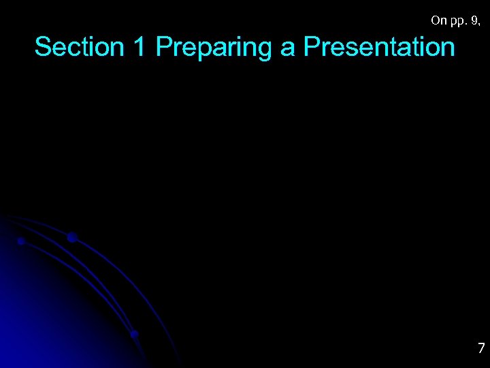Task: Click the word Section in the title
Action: pos(76,47)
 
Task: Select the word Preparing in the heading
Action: pos(214,48)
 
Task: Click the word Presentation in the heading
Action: pos(379,47)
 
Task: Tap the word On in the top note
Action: pos(439,20)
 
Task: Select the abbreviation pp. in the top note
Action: pos(458,22)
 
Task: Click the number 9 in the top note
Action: pos(475,20)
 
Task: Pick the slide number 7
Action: pos(480,348)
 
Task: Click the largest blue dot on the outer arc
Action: pos(71,237)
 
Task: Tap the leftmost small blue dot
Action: pos(21,241)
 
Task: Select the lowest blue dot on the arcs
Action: pos(134,334)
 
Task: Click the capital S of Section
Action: pos(43,47)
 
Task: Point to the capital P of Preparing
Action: pos(164,47)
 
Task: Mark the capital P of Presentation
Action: pos(312,47)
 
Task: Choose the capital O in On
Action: pos(436,20)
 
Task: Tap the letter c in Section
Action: pos(73,48)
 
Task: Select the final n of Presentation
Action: pos(447,48)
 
